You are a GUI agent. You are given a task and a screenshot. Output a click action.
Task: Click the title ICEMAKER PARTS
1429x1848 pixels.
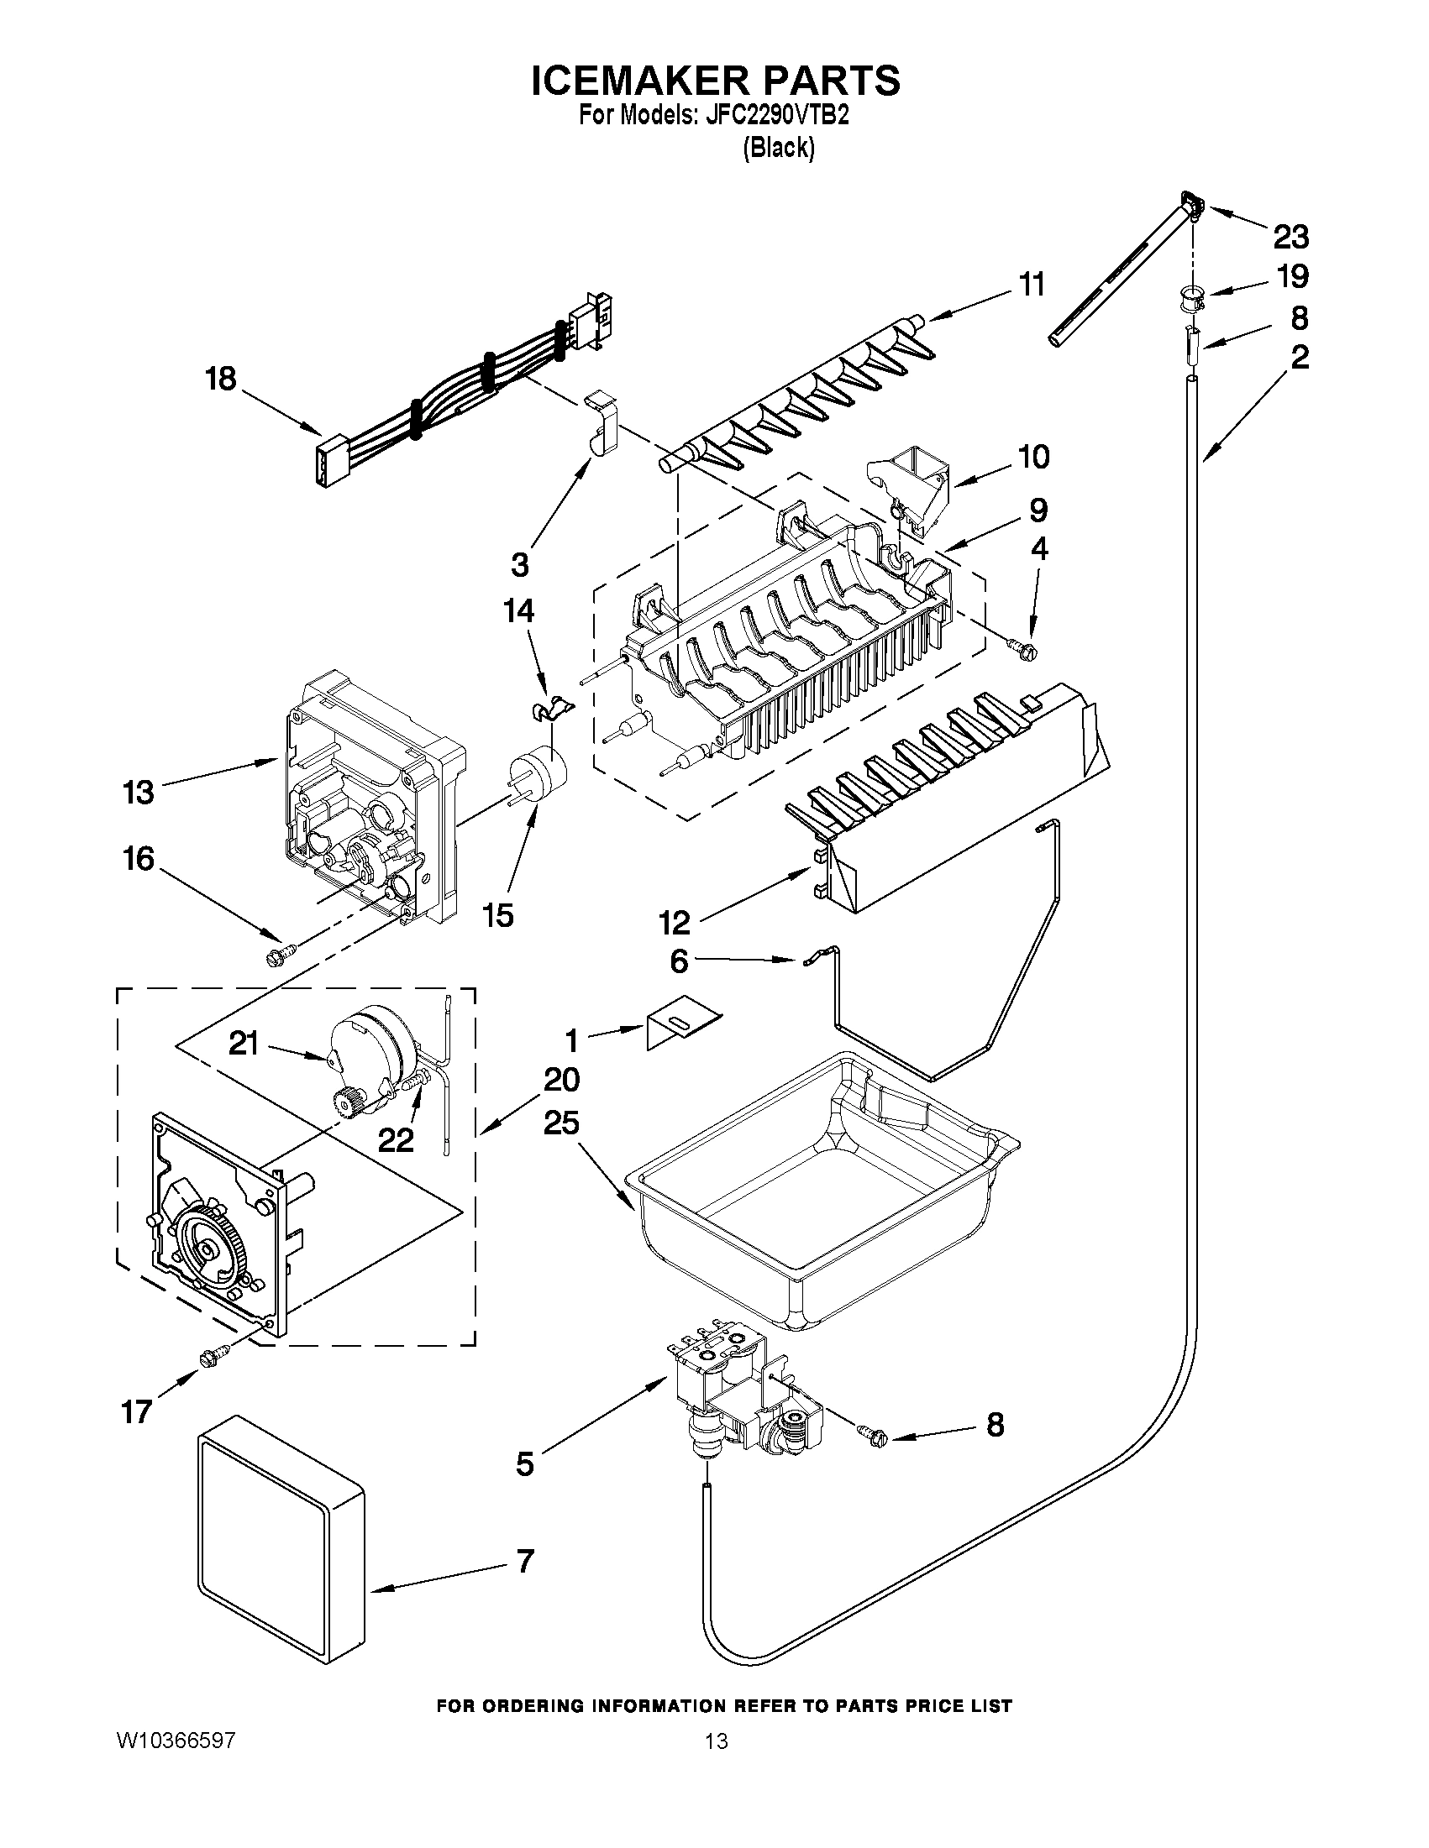click(716, 81)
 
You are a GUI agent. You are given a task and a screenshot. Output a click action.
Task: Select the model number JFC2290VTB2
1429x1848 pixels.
click(775, 116)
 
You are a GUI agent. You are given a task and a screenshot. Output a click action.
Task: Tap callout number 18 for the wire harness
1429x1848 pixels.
click(221, 379)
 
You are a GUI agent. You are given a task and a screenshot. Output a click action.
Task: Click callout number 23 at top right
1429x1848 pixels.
click(1290, 237)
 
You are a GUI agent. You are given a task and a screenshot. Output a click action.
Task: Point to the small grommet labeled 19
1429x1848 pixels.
click(1192, 299)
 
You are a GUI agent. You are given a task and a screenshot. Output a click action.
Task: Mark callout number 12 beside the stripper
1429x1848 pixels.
click(675, 922)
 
